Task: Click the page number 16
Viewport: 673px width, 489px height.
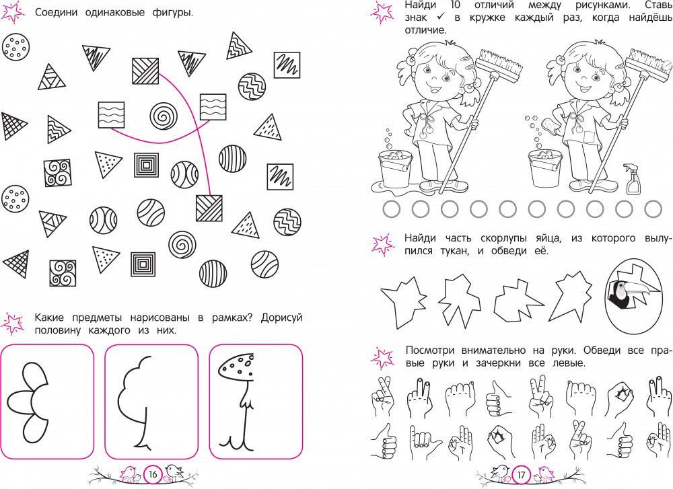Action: [x=153, y=474]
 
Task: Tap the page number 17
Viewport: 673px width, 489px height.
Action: [x=521, y=475]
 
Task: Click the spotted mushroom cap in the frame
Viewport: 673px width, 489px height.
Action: [x=236, y=367]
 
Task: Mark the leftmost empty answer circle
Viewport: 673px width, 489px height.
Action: [x=391, y=209]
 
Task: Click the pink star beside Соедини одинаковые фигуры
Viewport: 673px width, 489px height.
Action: [x=12, y=12]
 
